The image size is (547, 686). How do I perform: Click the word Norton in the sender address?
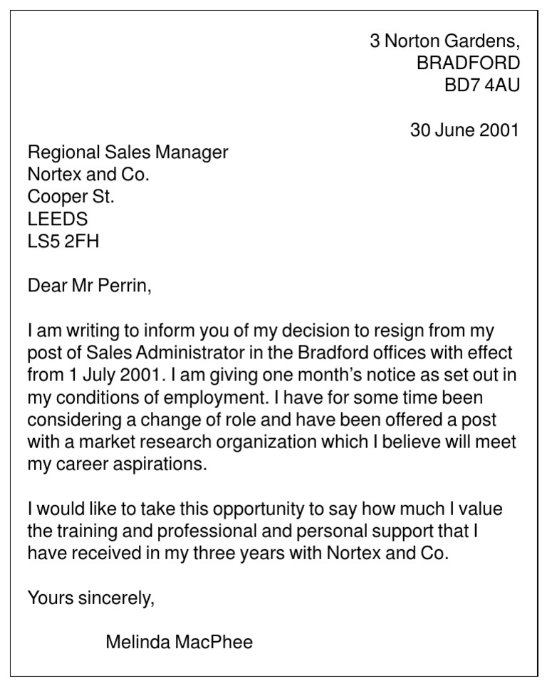[x=412, y=41]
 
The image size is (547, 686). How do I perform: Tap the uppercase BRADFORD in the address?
[x=468, y=63]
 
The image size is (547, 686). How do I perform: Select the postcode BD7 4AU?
[x=482, y=85]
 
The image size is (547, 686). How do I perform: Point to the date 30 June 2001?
[x=464, y=130]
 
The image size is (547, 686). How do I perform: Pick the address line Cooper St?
[x=71, y=196]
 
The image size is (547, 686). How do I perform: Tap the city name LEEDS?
[x=58, y=219]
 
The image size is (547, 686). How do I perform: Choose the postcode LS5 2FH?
[x=63, y=241]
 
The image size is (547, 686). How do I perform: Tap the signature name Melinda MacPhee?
[x=179, y=642]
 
